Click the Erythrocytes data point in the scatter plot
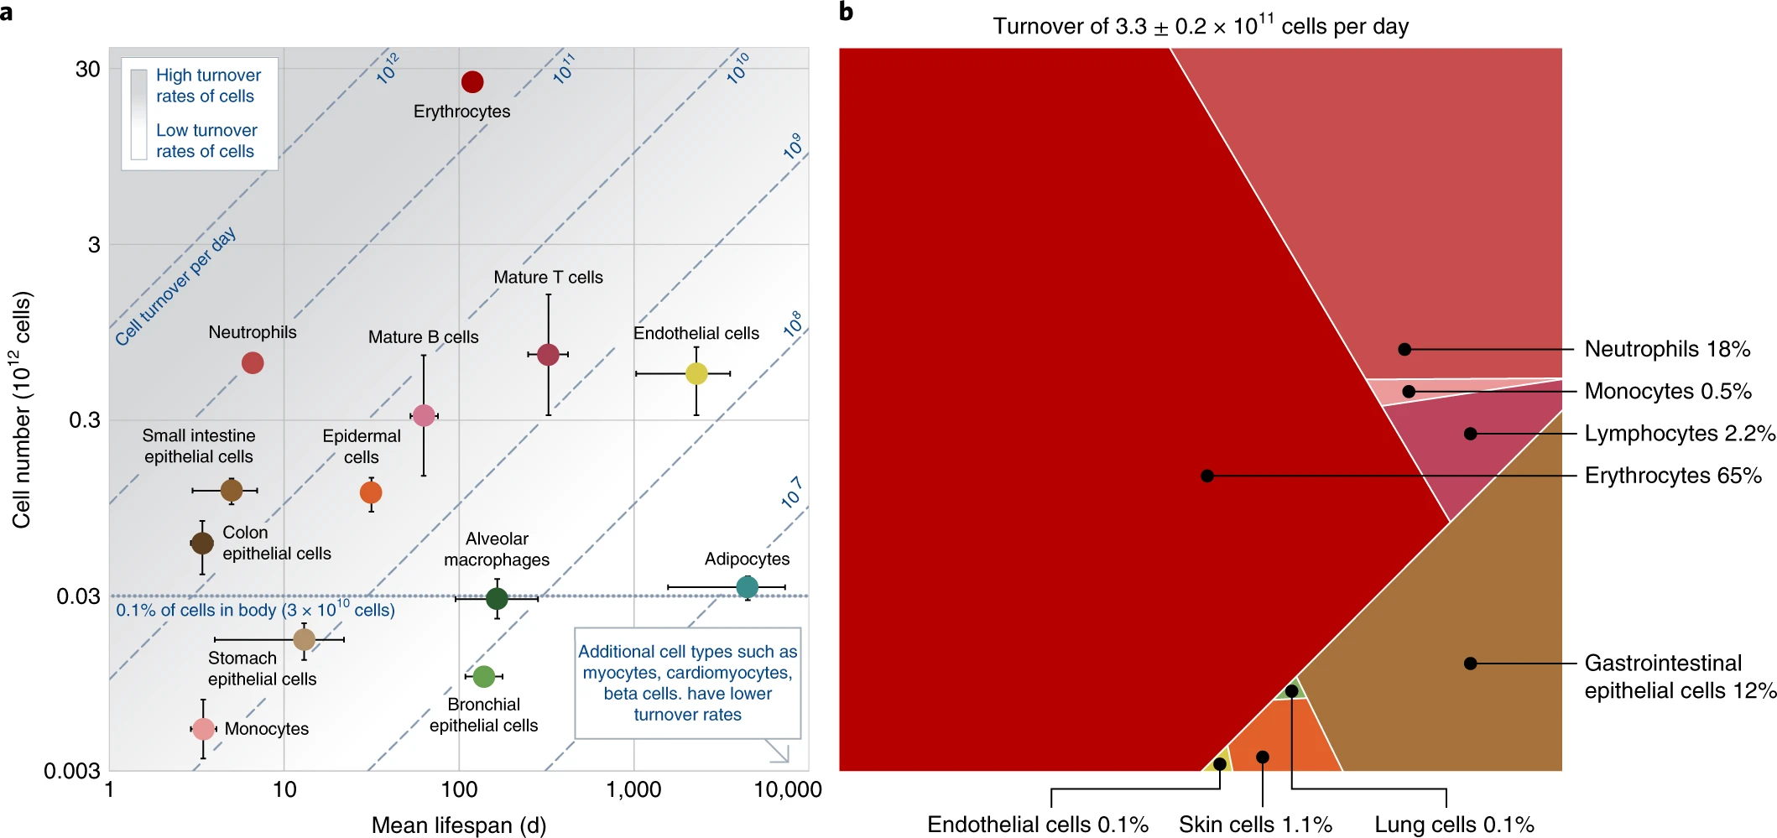472,82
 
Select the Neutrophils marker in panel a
253,363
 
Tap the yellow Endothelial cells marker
696,373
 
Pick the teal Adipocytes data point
747,587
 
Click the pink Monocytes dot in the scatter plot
203,729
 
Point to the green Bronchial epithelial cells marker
483,676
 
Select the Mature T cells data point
548,355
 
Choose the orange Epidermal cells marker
371,492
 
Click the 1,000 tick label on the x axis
633,790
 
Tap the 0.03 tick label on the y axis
78,596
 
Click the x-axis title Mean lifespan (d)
459,825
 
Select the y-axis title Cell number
22,409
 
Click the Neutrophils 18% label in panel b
1667,349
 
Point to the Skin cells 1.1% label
1255,825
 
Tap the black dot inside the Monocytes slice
1409,392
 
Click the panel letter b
846,13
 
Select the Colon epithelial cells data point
202,544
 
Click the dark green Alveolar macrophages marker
497,599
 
